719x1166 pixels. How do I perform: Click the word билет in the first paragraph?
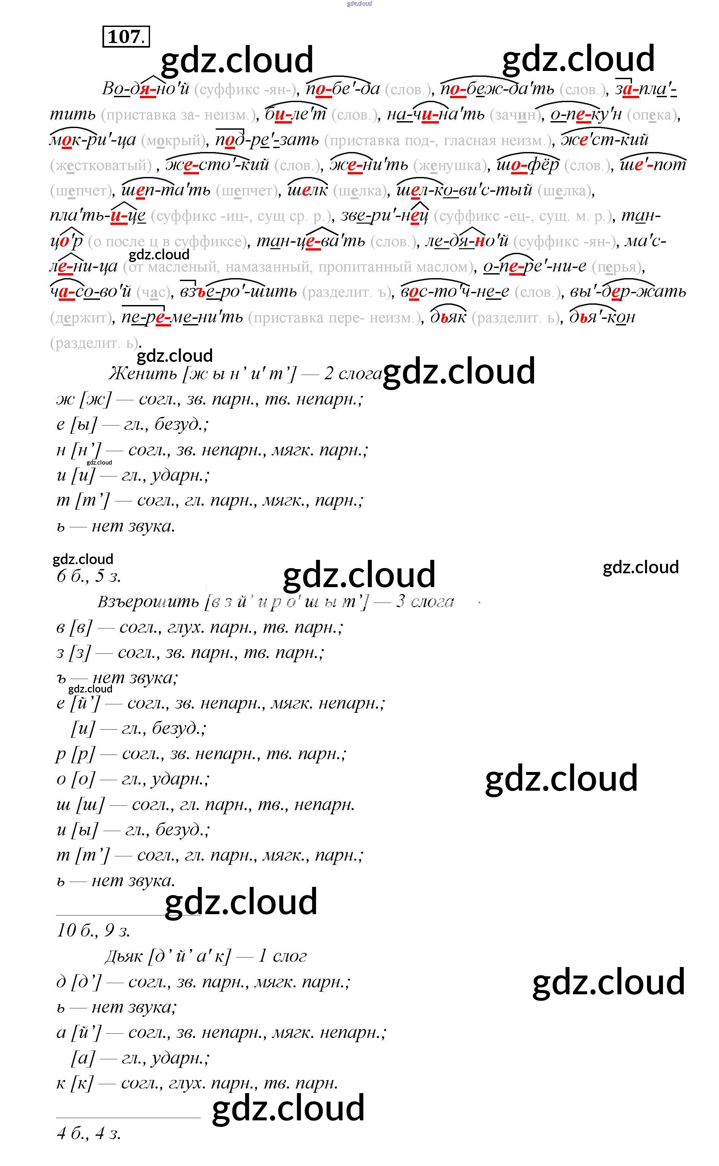click(x=295, y=115)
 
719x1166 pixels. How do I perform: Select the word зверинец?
click(x=385, y=216)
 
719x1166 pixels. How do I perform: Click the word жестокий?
click(x=217, y=165)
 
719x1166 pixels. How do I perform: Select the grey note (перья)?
click(x=618, y=267)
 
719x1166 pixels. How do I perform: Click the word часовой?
click(x=90, y=292)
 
